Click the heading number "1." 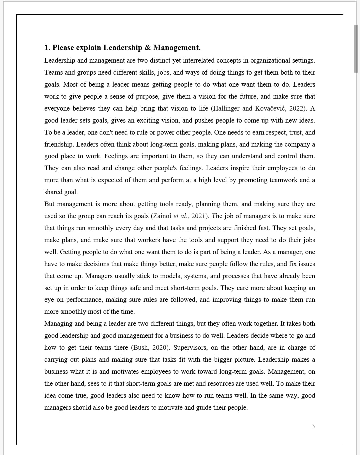47,48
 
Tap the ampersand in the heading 147,48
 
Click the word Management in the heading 177,48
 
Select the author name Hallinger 226,108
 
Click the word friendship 59,144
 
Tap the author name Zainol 162,216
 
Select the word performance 84,299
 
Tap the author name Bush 141,347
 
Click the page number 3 313,426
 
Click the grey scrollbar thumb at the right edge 356,48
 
